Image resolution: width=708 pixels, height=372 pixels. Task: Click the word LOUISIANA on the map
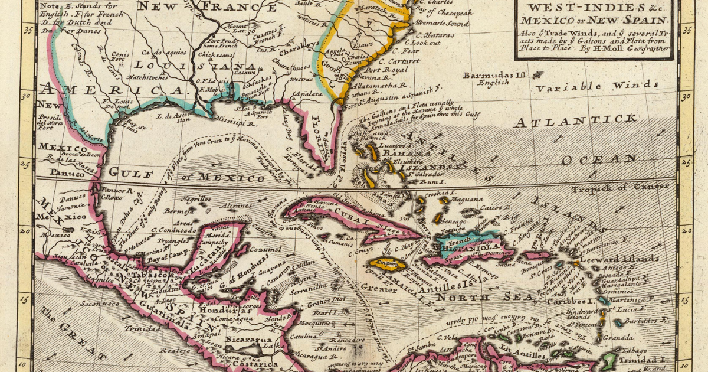[189, 65]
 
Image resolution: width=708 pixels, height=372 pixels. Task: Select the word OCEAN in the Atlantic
[599, 160]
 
